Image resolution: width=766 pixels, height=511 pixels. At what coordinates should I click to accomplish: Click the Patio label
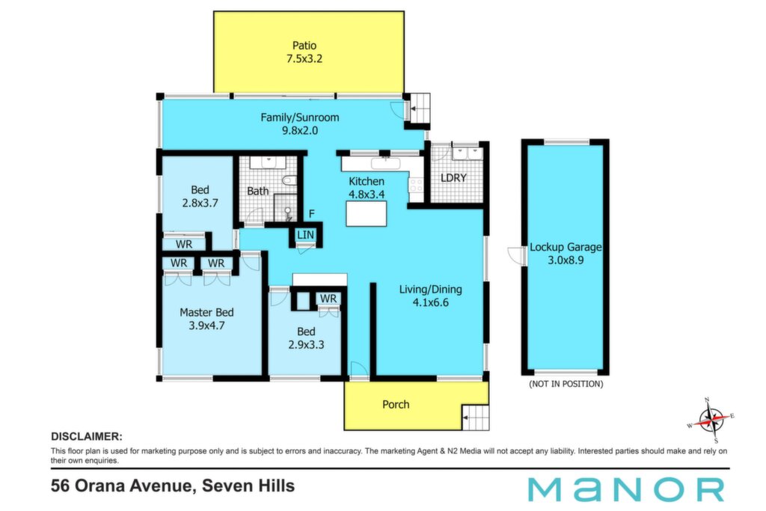[304, 46]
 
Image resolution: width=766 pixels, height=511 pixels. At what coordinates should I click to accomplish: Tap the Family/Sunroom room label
[299, 117]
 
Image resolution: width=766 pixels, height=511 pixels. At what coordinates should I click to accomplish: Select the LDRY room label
[453, 178]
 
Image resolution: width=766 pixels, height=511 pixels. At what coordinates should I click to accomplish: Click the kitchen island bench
[367, 213]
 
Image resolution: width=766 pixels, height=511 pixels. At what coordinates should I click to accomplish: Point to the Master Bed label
[206, 312]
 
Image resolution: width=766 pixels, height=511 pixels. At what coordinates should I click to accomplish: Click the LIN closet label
[305, 235]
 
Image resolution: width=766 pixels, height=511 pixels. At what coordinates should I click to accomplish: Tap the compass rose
[711, 420]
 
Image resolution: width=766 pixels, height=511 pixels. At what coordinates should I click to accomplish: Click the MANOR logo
[626, 489]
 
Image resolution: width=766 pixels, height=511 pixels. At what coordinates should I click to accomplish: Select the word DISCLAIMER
[87, 437]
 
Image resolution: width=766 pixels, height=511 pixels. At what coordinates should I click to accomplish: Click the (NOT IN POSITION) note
[566, 384]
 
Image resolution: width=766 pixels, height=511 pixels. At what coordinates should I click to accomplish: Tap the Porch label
[396, 405]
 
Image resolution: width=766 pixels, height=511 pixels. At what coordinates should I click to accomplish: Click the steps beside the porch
[475, 417]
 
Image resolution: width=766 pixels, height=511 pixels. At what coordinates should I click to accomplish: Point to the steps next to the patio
[420, 108]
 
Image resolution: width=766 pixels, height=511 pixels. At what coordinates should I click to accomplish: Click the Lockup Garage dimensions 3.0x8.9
[566, 260]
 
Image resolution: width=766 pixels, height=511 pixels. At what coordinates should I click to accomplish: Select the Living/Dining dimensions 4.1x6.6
[430, 302]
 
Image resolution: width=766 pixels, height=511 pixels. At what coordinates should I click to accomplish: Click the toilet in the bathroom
[289, 181]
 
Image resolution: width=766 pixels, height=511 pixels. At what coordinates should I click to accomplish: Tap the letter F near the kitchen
[312, 214]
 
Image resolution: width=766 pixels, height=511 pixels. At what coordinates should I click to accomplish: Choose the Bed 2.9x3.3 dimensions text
[306, 344]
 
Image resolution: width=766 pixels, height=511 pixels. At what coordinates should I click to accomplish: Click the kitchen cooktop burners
[416, 185]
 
